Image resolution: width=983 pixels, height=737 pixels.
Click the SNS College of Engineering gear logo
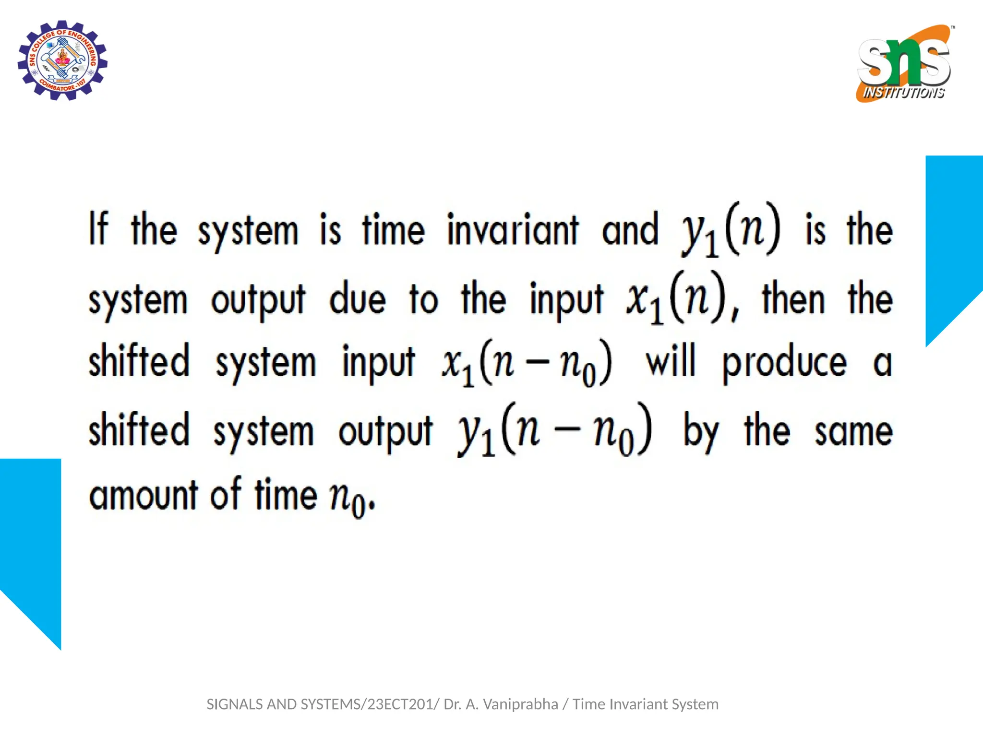tap(62, 60)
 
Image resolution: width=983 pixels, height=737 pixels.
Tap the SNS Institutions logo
tap(904, 63)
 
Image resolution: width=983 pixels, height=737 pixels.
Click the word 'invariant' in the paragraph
tap(513, 230)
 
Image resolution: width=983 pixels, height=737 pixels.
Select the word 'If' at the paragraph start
tap(98, 229)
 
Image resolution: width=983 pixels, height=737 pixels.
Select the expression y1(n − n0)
tap(554, 430)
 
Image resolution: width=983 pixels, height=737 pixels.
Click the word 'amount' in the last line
tap(144, 495)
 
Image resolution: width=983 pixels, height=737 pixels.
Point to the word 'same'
tap(853, 431)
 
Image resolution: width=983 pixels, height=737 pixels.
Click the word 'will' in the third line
tap(671, 361)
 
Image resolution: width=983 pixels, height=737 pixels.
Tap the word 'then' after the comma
tap(793, 298)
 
